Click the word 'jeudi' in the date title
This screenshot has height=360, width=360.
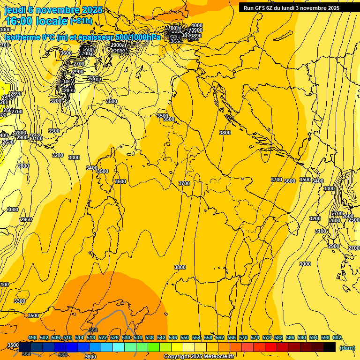pyautogui.click(x=15, y=10)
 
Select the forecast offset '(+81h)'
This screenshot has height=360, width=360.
pyautogui.click(x=81, y=21)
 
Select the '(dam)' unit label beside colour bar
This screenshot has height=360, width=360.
pyautogui.click(x=347, y=347)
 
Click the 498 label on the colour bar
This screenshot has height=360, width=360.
pyautogui.click(x=32, y=337)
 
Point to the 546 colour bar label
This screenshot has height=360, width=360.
pyautogui.click(x=173, y=337)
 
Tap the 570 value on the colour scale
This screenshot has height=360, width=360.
pyautogui.click(x=243, y=337)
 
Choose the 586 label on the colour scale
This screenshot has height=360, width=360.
pyautogui.click(x=290, y=337)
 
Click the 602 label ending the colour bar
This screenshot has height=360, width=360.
pyautogui.click(x=337, y=337)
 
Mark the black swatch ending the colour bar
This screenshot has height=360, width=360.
pyautogui.click(x=330, y=347)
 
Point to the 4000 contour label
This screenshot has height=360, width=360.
pyautogui.click(x=197, y=25)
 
